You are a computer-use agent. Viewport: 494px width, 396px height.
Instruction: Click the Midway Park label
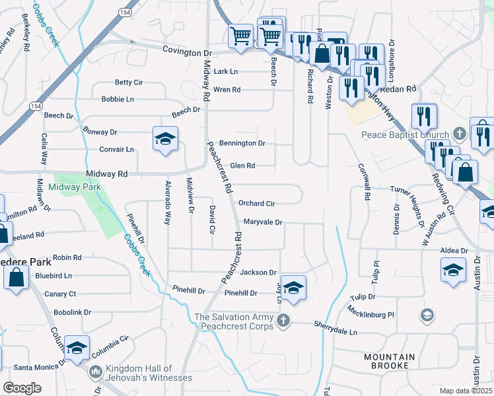pos(75,187)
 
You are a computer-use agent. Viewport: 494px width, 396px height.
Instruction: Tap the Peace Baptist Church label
pos(406,135)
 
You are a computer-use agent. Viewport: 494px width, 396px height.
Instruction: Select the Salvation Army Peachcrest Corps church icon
pos(283,321)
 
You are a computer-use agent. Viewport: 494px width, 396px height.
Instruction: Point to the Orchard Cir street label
pos(256,204)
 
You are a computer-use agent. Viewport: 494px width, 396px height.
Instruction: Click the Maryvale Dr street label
pos(262,222)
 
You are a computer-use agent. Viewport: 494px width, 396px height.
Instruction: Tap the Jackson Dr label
pos(258,272)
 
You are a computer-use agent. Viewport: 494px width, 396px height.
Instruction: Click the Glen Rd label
pos(242,166)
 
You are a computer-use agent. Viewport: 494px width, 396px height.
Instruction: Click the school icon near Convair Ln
pos(165,138)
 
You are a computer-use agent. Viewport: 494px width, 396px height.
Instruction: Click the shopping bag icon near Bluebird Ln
pos(16,277)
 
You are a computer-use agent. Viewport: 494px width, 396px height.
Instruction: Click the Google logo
pos(22,387)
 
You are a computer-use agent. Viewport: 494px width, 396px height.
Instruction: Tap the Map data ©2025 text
pos(465,391)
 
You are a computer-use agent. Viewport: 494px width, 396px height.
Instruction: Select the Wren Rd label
pos(227,90)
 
